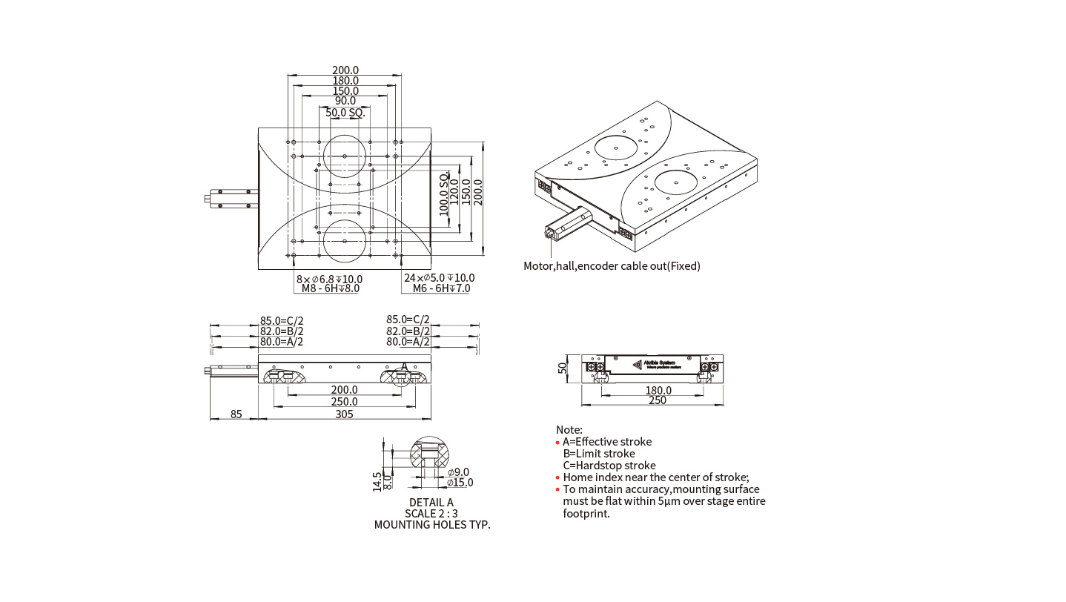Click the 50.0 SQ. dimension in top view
tap(345, 113)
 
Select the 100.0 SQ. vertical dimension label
tap(444, 193)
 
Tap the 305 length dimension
tap(344, 414)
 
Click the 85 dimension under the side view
tap(236, 414)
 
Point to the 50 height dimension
tap(563, 367)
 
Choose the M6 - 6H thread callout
tap(441, 288)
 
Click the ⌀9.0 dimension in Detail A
tap(458, 472)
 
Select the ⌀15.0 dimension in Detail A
tap(460, 483)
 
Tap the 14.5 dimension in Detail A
tap(377, 481)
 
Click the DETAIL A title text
tap(431, 503)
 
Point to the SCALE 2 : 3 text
tap(431, 514)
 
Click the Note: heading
tap(569, 430)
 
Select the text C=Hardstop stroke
tap(609, 466)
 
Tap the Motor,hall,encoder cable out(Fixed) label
tap(612, 266)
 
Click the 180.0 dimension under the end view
tap(658, 390)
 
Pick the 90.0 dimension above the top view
tap(345, 101)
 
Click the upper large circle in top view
tap(345, 156)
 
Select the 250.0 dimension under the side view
tap(345, 401)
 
